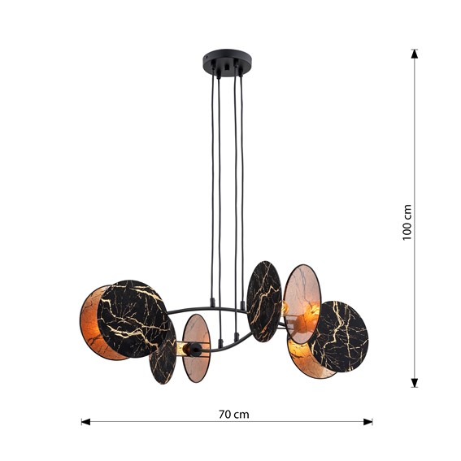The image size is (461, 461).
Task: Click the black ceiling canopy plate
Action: pos(227,61)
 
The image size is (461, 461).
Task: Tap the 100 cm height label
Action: pos(408,221)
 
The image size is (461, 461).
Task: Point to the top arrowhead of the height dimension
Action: pos(415,54)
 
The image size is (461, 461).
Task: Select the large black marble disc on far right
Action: pos(338,336)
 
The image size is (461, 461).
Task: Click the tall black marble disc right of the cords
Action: pos(263,300)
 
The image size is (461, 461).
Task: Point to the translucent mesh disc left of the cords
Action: pos(197,349)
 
